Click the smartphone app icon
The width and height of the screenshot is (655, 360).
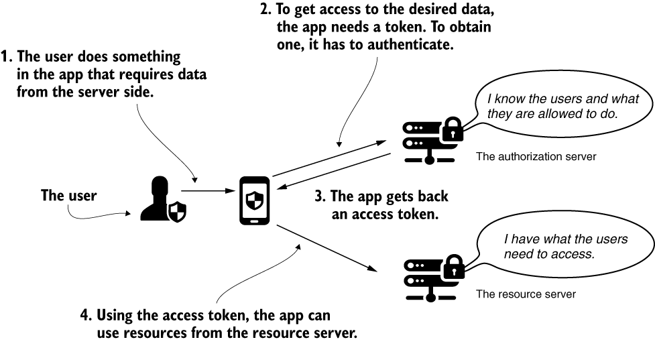tap(255, 200)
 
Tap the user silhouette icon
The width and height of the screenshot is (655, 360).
tap(161, 200)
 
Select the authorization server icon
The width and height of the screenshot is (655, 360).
tap(432, 140)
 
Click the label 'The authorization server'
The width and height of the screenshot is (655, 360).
tap(536, 157)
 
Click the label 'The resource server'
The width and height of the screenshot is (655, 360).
tap(526, 294)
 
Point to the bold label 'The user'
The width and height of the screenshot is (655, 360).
tap(68, 196)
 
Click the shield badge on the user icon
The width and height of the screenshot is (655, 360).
tap(176, 213)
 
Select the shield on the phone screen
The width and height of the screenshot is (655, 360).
tap(255, 200)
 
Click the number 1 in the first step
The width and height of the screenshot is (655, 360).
tap(7, 56)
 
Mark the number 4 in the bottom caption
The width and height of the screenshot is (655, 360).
tap(84, 316)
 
